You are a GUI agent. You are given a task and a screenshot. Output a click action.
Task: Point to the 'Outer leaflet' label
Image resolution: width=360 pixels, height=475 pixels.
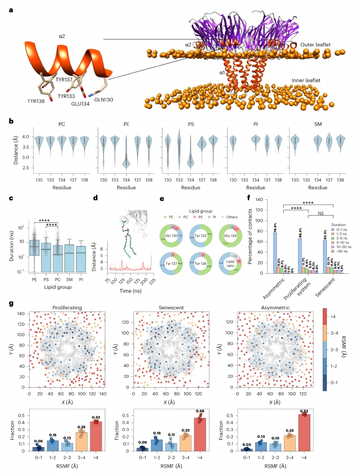coord(315,45)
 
